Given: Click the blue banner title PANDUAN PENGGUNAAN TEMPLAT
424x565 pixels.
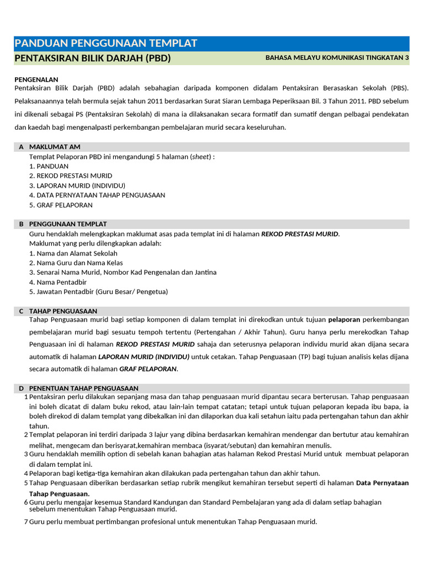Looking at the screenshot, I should coord(106,44).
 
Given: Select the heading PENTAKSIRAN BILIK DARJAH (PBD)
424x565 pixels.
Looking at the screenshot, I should coord(93,58).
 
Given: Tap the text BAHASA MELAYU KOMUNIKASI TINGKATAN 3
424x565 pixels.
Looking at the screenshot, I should coord(337,57).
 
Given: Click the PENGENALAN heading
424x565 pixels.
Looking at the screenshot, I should coord(36,79).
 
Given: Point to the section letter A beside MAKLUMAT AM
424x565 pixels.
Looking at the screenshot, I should coord(21,147).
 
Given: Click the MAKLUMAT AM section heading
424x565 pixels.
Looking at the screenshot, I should coord(55,147).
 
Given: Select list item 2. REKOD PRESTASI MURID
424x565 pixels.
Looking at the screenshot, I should coord(71,175).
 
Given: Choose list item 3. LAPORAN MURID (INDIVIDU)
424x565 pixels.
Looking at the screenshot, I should coord(77,185).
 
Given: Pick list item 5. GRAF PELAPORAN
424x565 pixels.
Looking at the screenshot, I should coord(61,205).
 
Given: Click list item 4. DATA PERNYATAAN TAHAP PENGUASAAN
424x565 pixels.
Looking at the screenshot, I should coord(97,195).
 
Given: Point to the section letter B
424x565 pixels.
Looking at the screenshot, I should coord(21,224).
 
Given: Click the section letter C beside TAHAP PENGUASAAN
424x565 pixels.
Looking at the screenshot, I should coord(21,311).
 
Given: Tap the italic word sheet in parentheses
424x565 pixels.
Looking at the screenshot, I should coord(201,157).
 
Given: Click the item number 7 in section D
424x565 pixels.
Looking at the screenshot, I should coord(25,522).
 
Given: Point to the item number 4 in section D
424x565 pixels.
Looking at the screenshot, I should coord(25,473).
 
